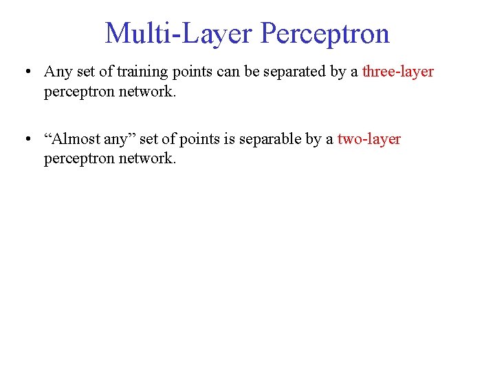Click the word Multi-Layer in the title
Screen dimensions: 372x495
(179, 33)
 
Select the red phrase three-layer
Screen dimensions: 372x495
(398, 72)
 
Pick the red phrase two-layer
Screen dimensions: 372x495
(369, 139)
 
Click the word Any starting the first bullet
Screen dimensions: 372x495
(56, 72)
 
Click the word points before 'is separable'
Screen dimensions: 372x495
(199, 139)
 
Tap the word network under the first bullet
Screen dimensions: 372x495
(147, 91)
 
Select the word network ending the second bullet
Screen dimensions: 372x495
(147, 158)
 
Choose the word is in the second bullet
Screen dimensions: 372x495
(228, 139)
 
